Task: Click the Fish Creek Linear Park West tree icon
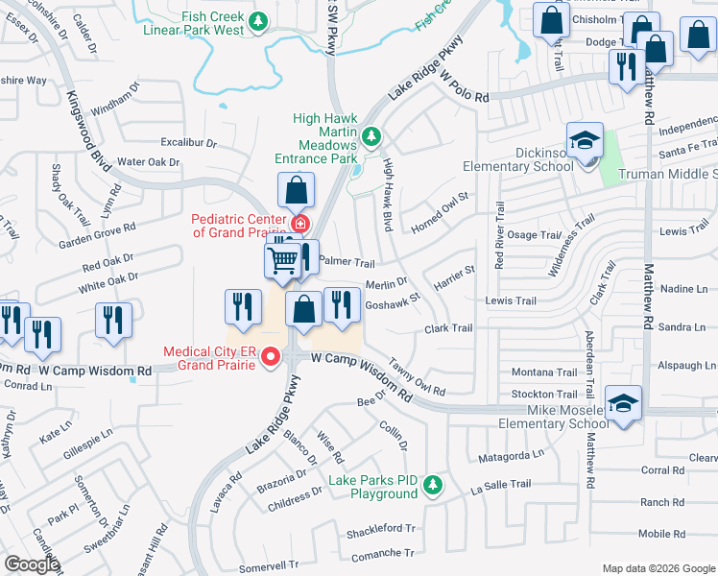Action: click(x=257, y=20)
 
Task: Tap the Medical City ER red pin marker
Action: click(x=271, y=358)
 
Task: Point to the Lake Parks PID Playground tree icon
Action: click(x=434, y=485)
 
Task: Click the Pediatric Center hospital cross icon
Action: click(x=299, y=224)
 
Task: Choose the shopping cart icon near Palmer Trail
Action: click(x=282, y=259)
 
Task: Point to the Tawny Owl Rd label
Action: click(x=416, y=385)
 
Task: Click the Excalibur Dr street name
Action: click(x=188, y=143)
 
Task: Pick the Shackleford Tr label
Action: click(x=380, y=529)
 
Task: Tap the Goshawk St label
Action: click(x=393, y=300)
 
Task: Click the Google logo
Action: click(x=32, y=564)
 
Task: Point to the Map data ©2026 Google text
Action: click(x=658, y=568)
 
